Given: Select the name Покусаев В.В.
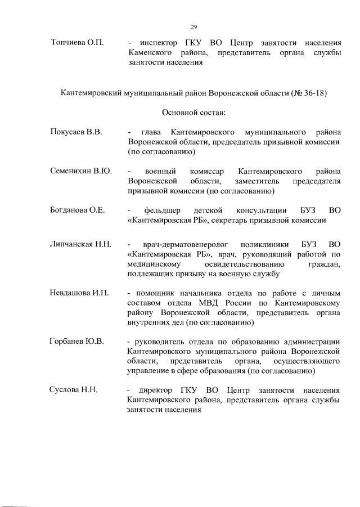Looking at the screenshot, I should tap(76, 132).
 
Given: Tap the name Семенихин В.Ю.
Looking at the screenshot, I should tap(81, 171).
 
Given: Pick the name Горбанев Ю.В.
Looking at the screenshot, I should tap(77, 342).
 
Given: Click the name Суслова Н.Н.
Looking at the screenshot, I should tap(74, 391).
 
